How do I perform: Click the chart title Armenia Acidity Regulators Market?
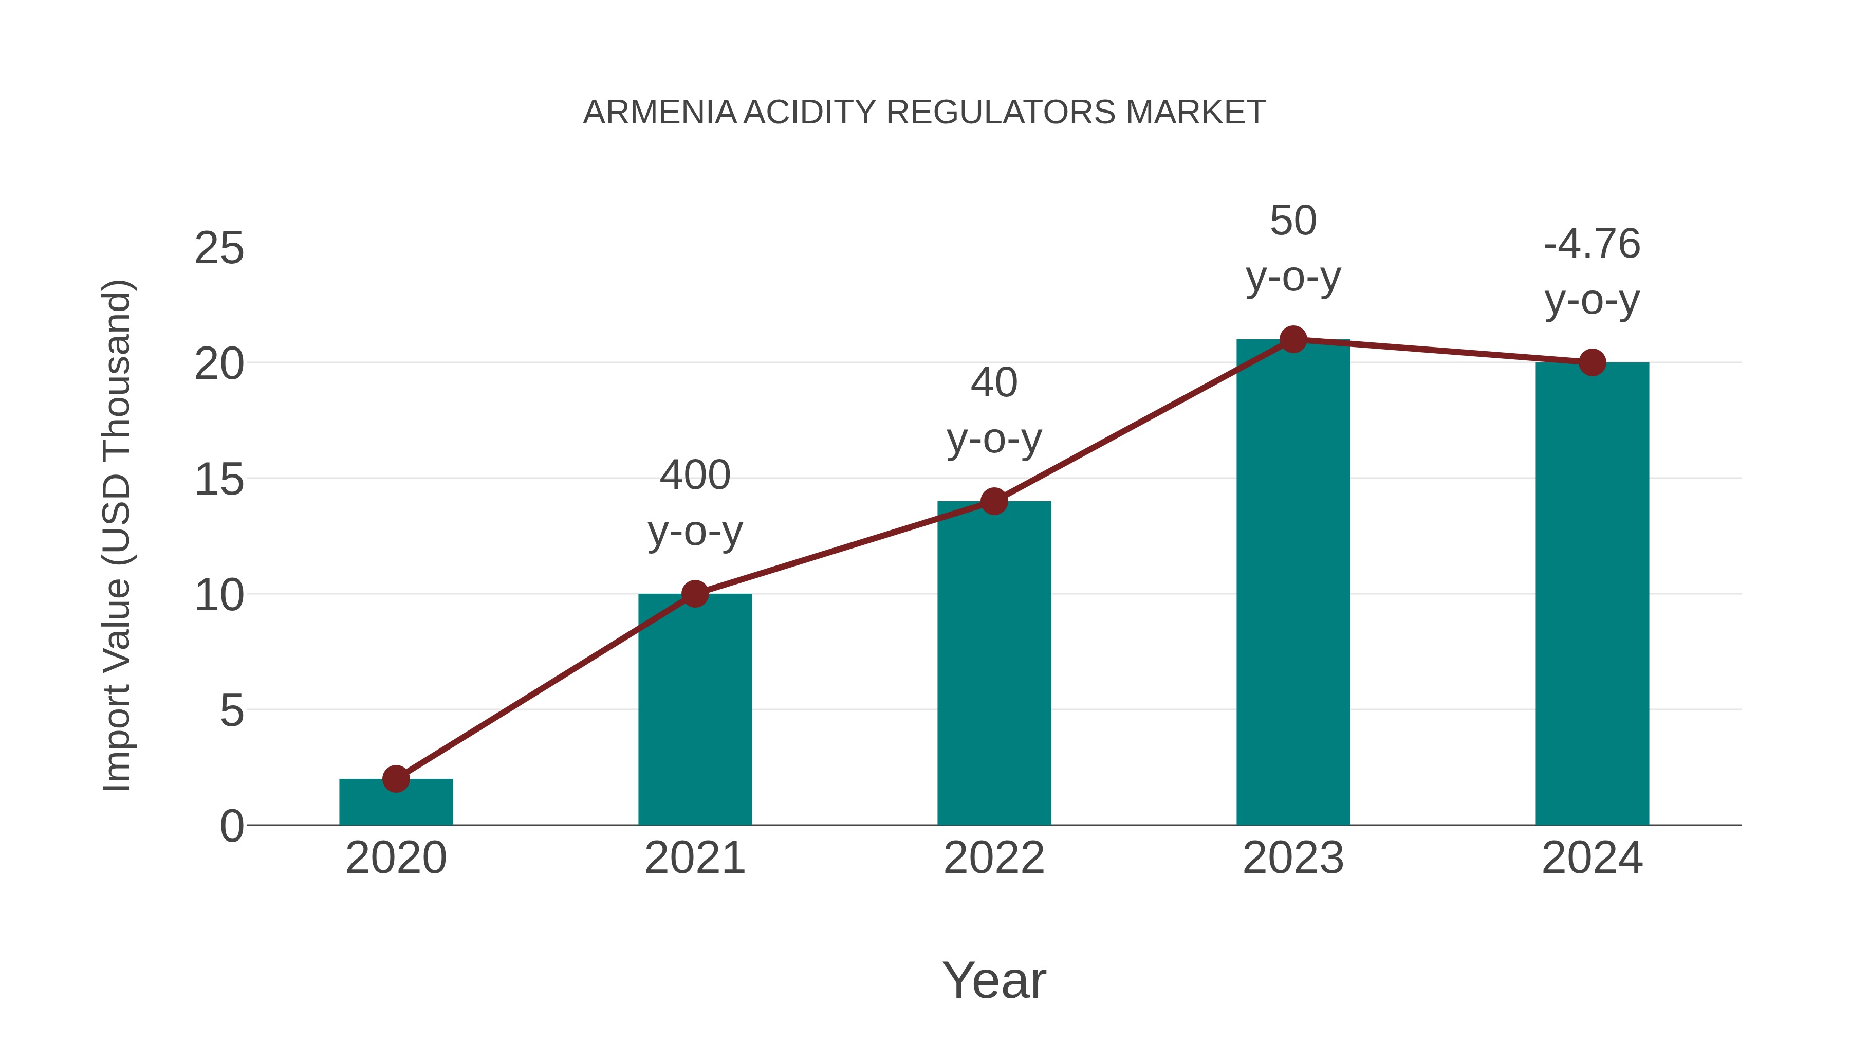[x=923, y=113]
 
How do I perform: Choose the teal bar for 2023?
[x=1293, y=582]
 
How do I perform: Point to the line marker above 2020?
[x=396, y=778]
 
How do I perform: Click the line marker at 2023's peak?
[x=1293, y=339]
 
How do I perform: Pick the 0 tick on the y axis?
[x=231, y=826]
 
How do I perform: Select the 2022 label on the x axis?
[x=994, y=858]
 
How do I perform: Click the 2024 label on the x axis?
[x=1592, y=858]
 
